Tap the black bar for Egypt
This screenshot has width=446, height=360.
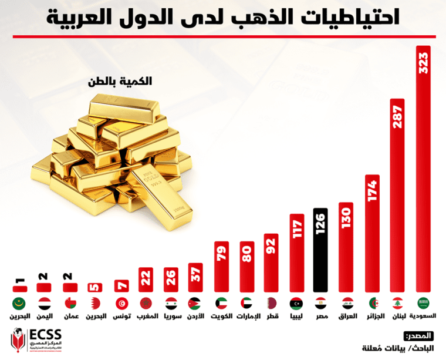pos(321,250)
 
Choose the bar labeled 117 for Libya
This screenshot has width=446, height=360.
pos(296,253)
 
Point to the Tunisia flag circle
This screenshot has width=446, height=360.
pos(120,304)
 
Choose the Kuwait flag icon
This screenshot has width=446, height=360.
pos(221,304)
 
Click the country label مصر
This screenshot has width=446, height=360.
pos(320,318)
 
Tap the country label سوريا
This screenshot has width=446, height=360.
pos(170,318)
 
